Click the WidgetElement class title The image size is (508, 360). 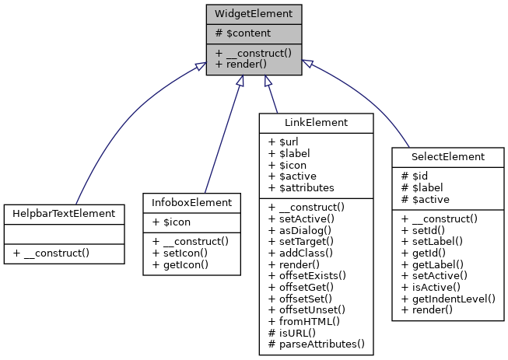tap(254, 13)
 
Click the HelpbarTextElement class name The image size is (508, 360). tap(64, 212)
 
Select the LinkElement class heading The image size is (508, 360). tap(315, 122)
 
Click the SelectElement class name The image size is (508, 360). tap(447, 156)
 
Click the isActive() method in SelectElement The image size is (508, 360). tap(436, 286)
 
